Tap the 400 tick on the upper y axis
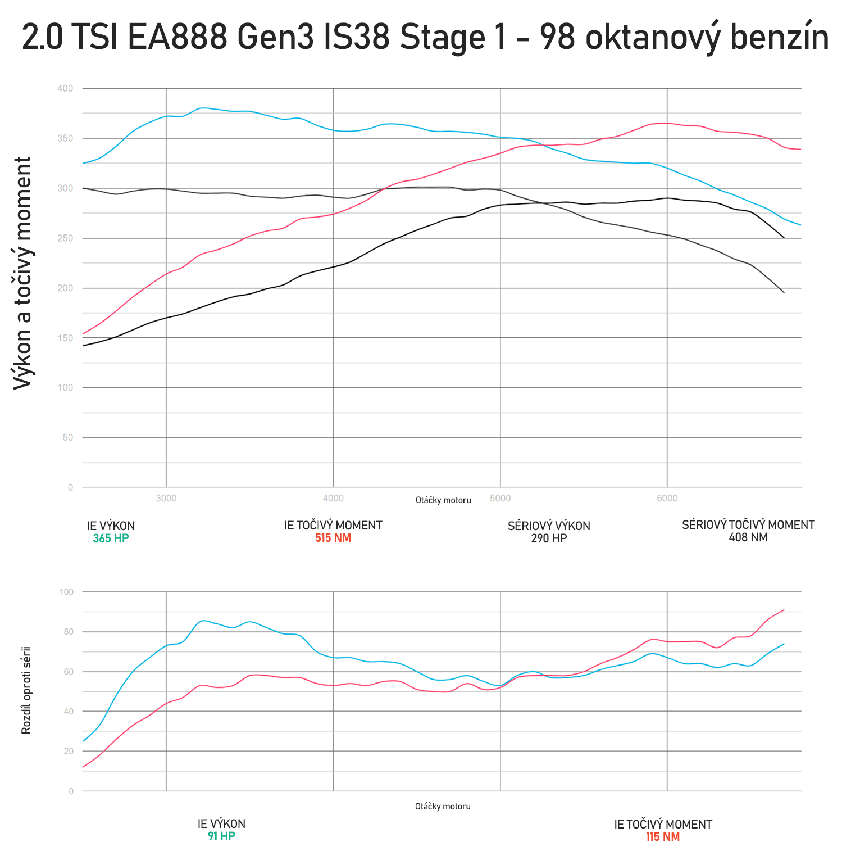65,88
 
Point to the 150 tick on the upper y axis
65,338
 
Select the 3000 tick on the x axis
166,498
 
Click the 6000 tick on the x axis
667,498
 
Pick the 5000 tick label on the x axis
500,498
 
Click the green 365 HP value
111,538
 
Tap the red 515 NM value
333,538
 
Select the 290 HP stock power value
549,538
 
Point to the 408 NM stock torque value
748,537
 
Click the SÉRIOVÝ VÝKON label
549,526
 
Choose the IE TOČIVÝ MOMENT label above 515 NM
333,526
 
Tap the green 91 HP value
221,836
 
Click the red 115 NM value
663,837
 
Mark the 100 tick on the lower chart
66,592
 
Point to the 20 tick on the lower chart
69,751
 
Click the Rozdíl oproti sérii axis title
26,690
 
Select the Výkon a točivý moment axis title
22,273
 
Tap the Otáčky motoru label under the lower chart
443,807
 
